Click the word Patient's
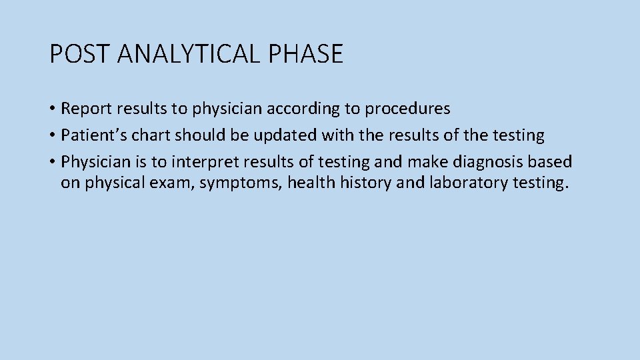87,135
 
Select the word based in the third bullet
553,162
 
